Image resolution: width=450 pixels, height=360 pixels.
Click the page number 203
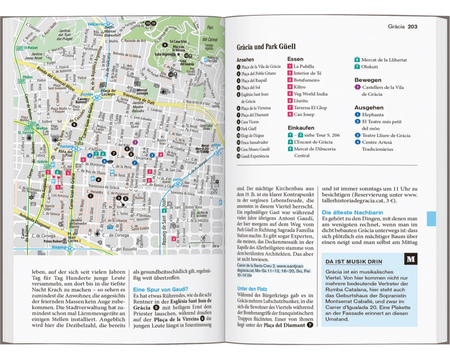pyautogui.click(x=412, y=27)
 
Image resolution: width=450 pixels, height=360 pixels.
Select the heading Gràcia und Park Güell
pyautogui.click(x=266, y=47)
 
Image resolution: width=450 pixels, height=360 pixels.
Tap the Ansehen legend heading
pyautogui.click(x=245, y=59)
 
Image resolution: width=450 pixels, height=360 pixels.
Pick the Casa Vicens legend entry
pyautogui.click(x=251, y=121)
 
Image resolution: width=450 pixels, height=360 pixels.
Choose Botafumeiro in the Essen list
pyautogui.click(x=306, y=80)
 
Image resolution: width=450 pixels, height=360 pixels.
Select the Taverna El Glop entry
pyautogui.click(x=310, y=108)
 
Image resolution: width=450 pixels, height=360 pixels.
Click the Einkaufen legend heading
pyautogui.click(x=301, y=128)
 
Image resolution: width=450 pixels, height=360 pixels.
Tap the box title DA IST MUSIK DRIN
pyautogui.click(x=354, y=261)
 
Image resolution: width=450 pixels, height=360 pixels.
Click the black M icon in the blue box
pyautogui.click(x=410, y=259)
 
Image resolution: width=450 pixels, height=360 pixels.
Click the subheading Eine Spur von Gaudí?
pyautogui.click(x=161, y=289)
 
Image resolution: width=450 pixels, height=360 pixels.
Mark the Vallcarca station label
pyautogui.click(x=95, y=23)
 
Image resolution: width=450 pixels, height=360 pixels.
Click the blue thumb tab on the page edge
pyautogui.click(x=431, y=219)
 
